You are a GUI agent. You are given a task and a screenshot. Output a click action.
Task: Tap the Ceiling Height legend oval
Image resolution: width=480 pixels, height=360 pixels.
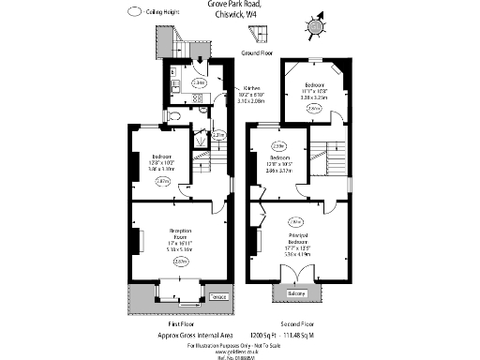click(x=136, y=11)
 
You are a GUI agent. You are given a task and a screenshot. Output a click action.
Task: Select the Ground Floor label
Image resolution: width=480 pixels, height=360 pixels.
click(x=256, y=53)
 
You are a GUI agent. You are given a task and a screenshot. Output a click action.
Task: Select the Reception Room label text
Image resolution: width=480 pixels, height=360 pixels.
click(x=180, y=233)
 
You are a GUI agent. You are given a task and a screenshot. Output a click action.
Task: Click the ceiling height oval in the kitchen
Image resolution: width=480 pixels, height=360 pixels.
click(x=198, y=82)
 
